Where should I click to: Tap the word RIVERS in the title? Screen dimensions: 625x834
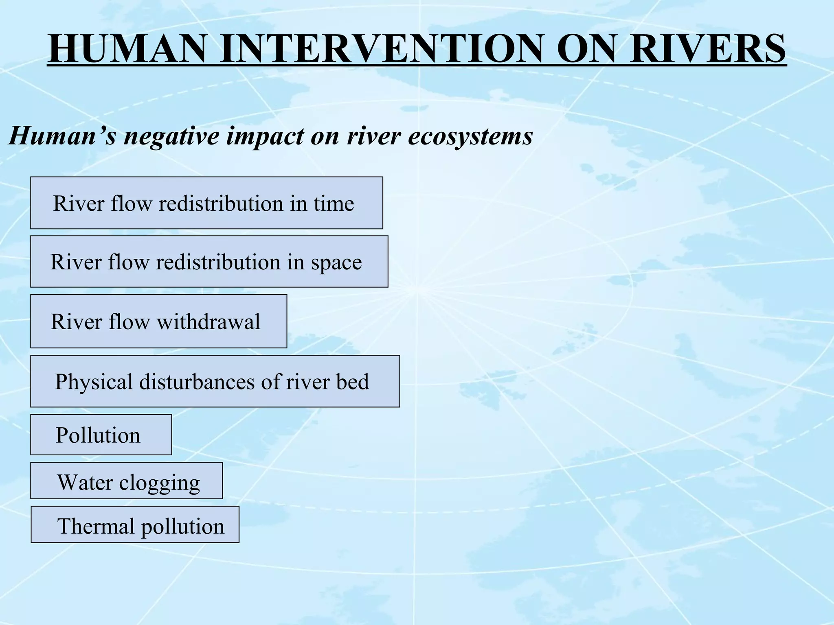click(707, 49)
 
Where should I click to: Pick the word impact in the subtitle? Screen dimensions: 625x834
click(264, 136)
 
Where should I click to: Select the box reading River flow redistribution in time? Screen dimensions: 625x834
click(206, 203)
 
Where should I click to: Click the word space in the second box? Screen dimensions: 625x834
click(336, 262)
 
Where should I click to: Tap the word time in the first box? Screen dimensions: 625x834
click(334, 203)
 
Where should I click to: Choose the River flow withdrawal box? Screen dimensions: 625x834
click(158, 321)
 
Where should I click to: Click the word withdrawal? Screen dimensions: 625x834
click(208, 321)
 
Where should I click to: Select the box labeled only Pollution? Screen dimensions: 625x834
click(101, 435)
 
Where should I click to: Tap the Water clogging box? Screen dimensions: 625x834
click(126, 481)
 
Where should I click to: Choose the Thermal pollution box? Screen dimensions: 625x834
click(135, 524)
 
